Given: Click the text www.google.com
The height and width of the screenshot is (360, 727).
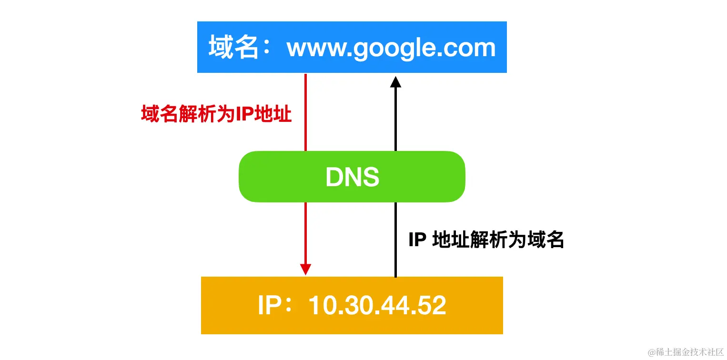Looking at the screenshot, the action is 391,48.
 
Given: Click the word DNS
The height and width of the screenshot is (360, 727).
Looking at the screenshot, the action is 352,177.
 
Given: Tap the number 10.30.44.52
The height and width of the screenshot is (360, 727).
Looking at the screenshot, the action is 377,305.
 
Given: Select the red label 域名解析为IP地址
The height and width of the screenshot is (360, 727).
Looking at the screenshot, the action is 216,115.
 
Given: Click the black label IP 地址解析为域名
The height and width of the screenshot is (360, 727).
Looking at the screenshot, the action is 486,240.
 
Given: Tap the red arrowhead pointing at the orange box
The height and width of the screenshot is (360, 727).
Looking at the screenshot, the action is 305,269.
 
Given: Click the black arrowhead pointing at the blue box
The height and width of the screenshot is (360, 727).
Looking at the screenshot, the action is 395,82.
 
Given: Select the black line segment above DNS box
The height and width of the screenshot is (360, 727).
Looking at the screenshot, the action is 395,119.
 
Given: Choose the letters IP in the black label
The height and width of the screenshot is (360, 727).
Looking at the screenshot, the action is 417,240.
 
